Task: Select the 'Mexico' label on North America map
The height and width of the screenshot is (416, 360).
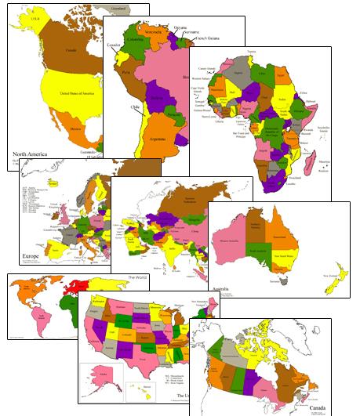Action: (x=77, y=129)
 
